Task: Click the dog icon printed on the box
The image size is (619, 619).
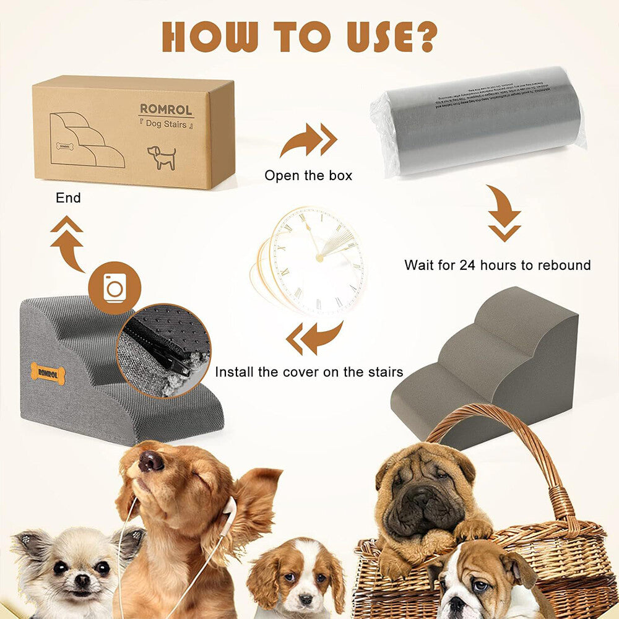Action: pos(162,157)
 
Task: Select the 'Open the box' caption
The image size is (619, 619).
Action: pos(308,176)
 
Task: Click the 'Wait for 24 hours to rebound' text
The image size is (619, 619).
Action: pos(497,266)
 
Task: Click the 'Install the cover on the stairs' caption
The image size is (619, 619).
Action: pos(309,372)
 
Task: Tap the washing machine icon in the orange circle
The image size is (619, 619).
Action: pos(115,288)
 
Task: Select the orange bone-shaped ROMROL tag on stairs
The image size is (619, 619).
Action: pos(48,373)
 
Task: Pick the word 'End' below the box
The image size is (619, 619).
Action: pos(68,199)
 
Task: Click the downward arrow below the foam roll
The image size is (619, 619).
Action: pos(504,214)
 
